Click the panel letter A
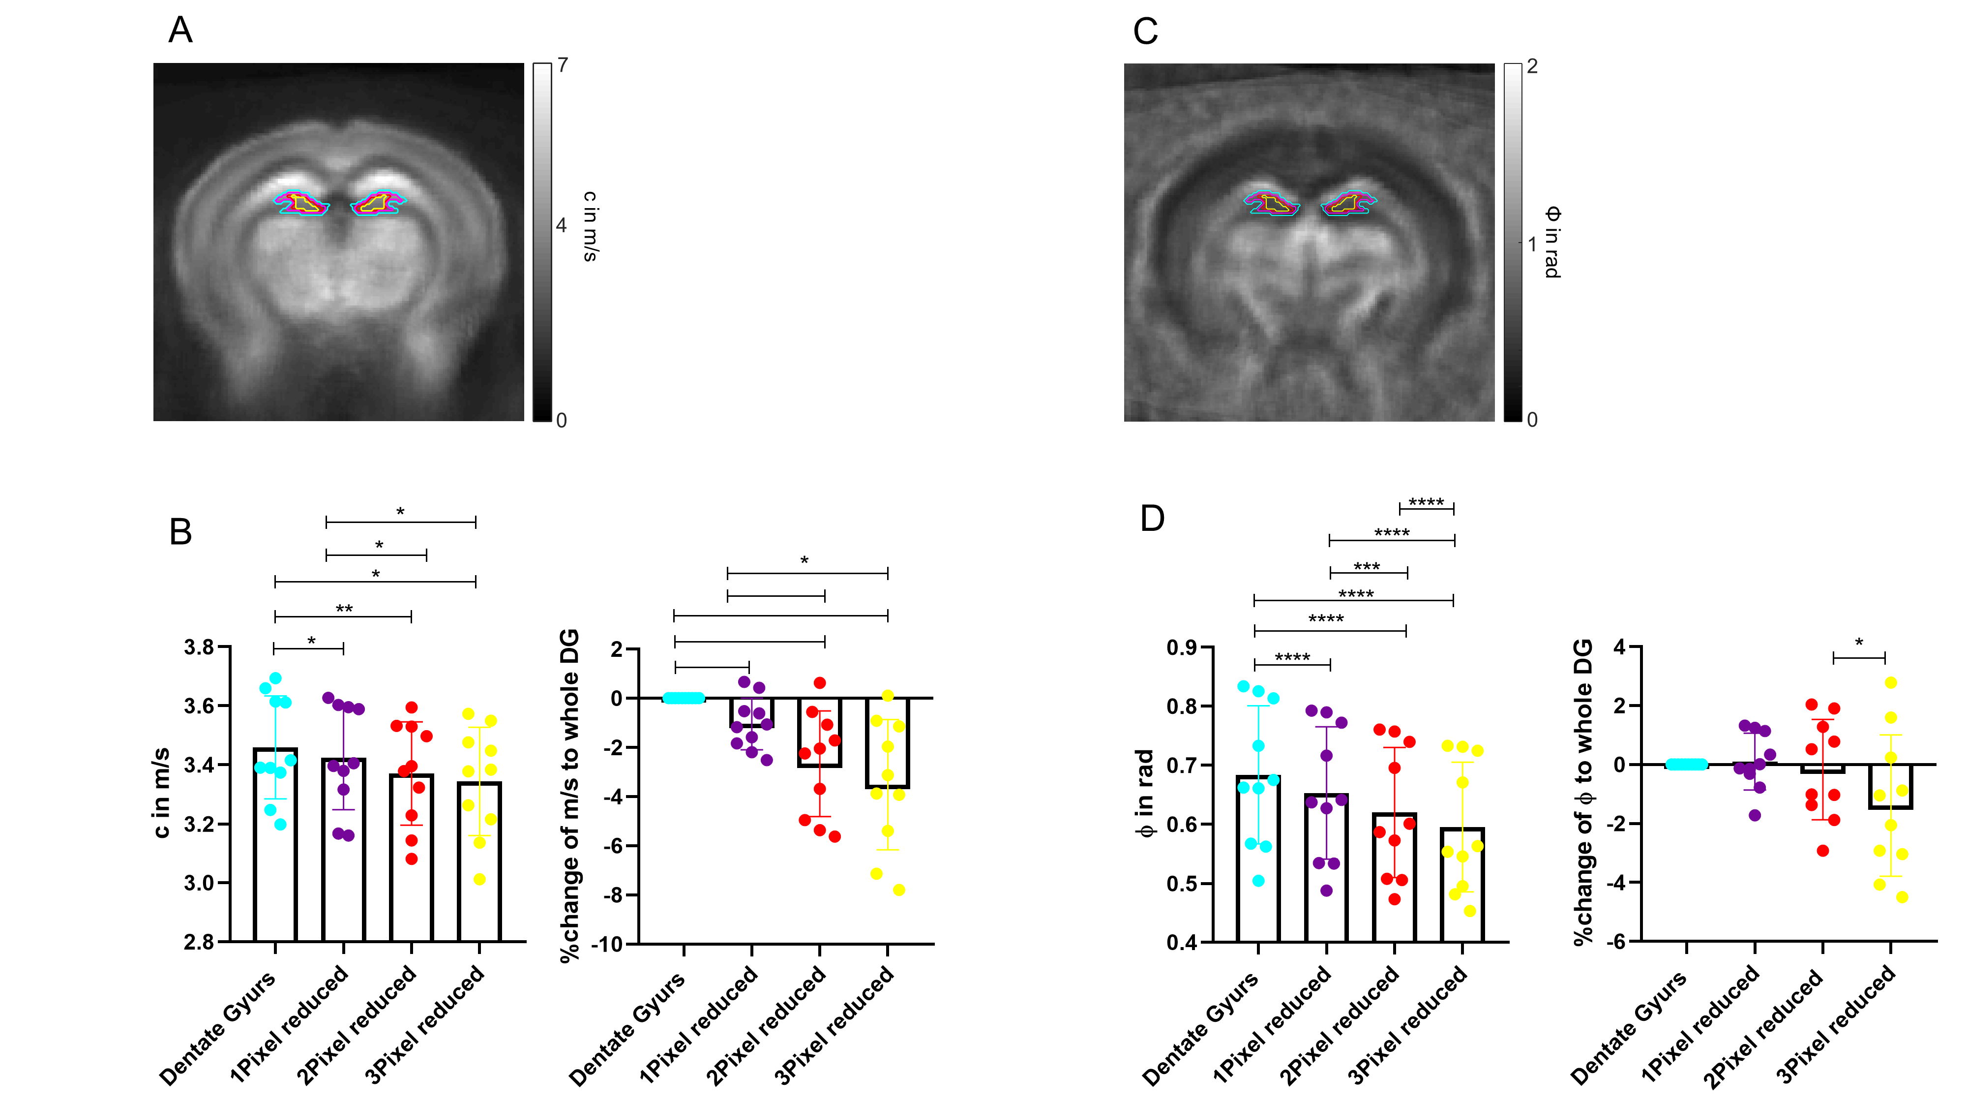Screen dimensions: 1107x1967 click(180, 31)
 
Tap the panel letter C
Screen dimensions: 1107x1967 click(1145, 31)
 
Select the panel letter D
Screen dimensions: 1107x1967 click(1152, 518)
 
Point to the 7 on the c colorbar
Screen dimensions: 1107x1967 click(563, 66)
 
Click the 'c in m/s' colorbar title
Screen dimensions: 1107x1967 click(590, 226)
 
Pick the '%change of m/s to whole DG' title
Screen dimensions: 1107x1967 click(569, 795)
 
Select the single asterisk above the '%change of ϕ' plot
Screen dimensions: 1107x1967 click(1859, 643)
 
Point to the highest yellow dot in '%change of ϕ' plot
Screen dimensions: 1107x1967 click(1891, 682)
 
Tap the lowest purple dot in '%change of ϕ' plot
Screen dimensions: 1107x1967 click(1755, 815)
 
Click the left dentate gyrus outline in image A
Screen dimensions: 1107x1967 click(301, 203)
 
